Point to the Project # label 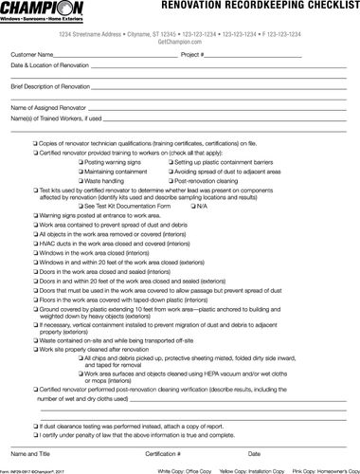(195, 56)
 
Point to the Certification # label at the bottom (163, 454)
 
